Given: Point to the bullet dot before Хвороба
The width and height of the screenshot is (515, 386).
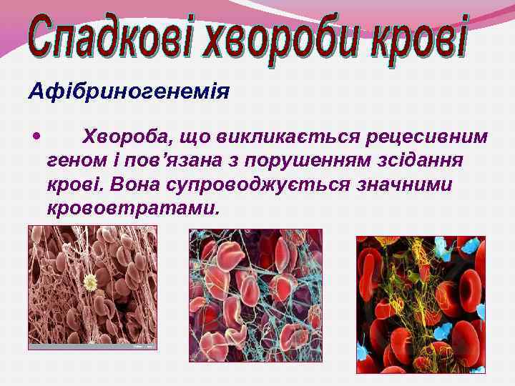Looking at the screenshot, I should click(36, 134).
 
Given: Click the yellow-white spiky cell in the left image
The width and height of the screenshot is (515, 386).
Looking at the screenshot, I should click(90, 283).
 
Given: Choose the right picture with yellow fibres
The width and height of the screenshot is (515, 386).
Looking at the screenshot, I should click(421, 304).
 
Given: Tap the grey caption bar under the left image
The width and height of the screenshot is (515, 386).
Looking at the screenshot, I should click(92, 345).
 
